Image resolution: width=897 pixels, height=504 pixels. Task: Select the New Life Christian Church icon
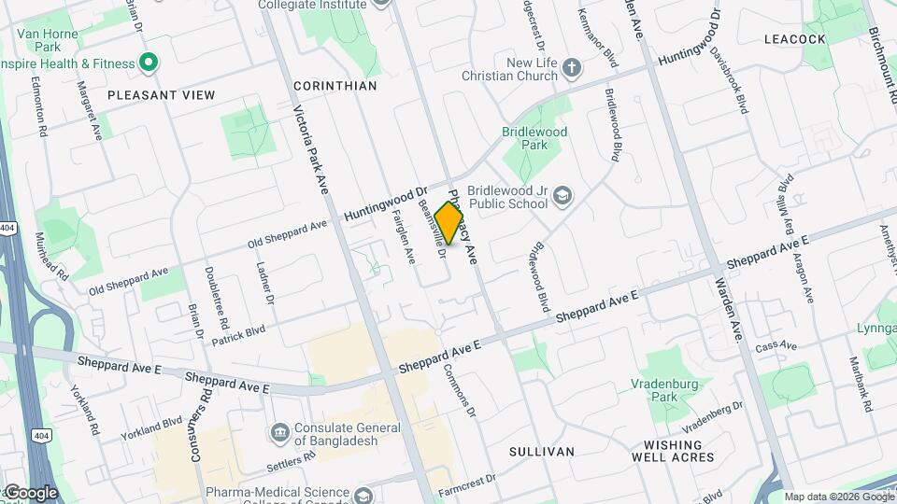pyautogui.click(x=572, y=69)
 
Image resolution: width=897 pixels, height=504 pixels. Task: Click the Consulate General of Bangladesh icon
pyautogui.click(x=279, y=433)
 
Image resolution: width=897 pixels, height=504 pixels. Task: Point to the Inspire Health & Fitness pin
pyautogui.click(x=148, y=63)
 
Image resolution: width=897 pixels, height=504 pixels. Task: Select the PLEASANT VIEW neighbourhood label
pyautogui.click(x=161, y=95)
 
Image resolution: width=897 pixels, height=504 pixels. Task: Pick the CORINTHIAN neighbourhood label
pyautogui.click(x=335, y=85)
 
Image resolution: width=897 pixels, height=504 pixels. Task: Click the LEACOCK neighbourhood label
pyautogui.click(x=794, y=39)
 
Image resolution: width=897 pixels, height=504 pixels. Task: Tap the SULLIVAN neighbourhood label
pyautogui.click(x=541, y=452)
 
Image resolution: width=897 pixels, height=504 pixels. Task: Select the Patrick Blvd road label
pyautogui.click(x=238, y=335)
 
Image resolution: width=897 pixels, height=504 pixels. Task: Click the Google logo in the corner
pyautogui.click(x=31, y=492)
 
